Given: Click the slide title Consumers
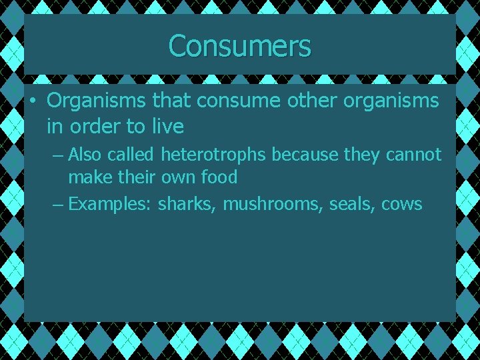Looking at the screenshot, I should (x=240, y=47).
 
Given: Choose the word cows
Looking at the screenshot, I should (x=402, y=203).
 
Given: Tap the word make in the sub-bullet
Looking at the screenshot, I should (x=89, y=178).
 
